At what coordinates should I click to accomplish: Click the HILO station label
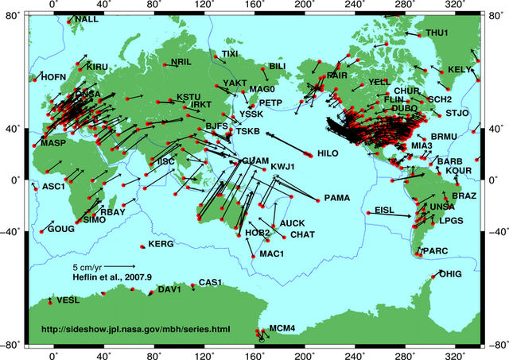pos(328,153)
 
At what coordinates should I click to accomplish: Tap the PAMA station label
pos(338,197)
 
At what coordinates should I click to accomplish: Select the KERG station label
pos(161,244)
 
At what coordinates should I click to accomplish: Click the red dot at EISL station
pos(367,212)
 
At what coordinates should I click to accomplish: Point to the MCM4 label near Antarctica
pos(282,328)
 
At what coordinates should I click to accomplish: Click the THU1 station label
pos(437,33)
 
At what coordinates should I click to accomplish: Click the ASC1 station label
pos(52,187)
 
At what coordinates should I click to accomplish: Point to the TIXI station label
pos(230,53)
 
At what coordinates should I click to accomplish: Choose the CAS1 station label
pos(209,283)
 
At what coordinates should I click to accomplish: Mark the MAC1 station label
pos(272,254)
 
